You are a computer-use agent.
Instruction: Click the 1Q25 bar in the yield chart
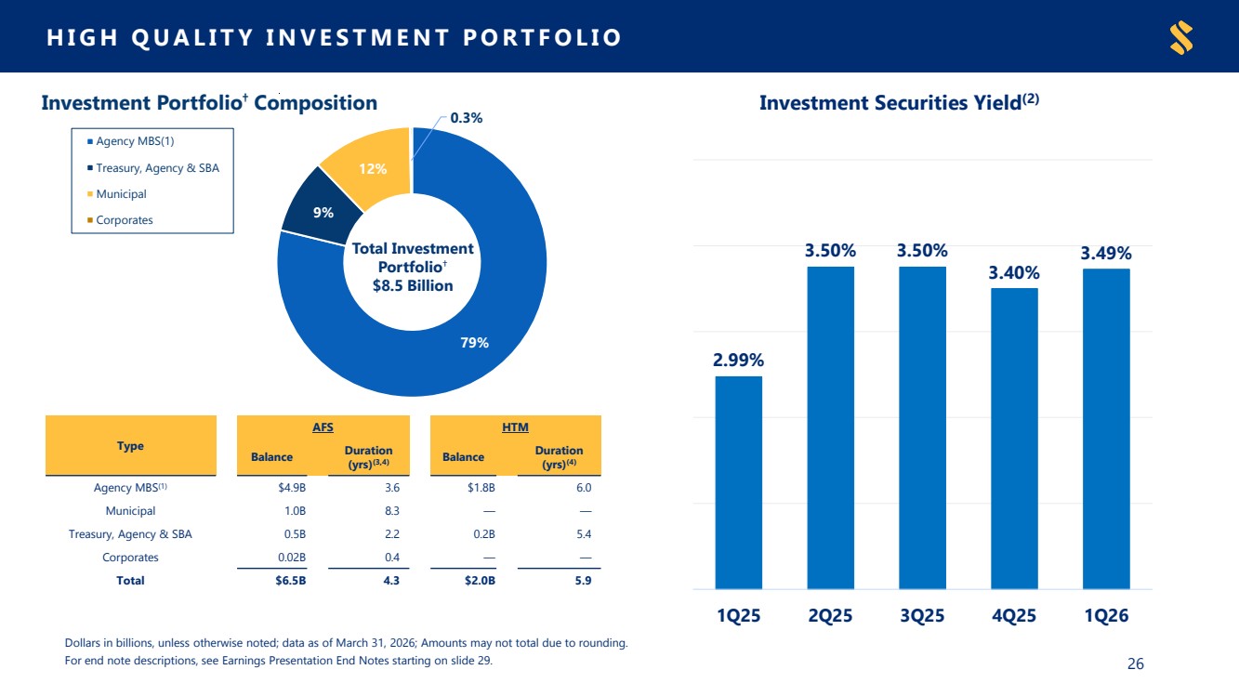[738, 482]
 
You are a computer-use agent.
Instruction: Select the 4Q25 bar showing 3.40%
[1014, 439]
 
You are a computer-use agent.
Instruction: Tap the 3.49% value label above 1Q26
[1106, 253]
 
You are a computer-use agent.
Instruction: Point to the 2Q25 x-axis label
[830, 615]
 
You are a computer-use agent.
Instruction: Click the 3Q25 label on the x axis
[922, 615]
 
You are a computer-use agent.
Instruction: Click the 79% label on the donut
[475, 343]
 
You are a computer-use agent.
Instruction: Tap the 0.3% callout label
[467, 118]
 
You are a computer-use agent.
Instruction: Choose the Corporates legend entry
[120, 220]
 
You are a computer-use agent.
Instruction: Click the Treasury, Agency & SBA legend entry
[153, 168]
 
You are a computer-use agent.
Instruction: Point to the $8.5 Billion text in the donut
[413, 286]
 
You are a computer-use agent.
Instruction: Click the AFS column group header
[323, 427]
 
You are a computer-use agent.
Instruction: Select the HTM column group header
[515, 427]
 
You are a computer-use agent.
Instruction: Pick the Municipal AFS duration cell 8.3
[392, 511]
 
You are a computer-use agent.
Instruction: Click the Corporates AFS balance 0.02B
[292, 558]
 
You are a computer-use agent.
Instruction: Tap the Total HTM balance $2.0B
[480, 581]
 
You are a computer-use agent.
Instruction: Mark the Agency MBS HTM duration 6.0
[584, 488]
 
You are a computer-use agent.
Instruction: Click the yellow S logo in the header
[1181, 37]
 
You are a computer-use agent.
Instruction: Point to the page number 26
[1136, 663]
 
